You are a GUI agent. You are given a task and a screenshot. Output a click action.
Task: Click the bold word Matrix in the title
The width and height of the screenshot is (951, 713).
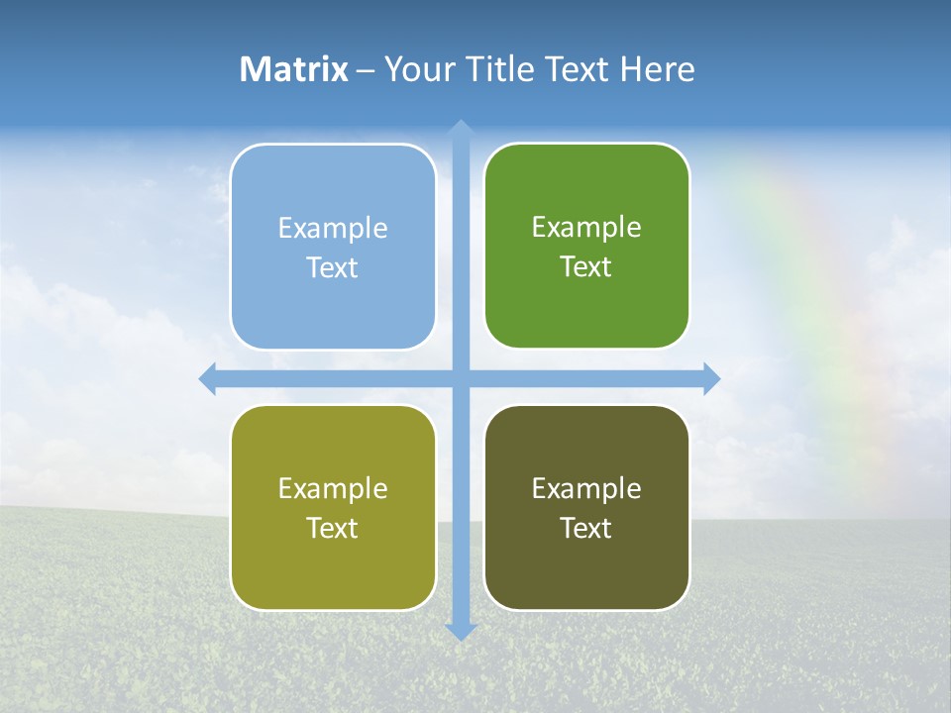[294, 69]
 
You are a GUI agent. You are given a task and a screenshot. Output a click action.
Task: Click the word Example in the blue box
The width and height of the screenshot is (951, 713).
[333, 228]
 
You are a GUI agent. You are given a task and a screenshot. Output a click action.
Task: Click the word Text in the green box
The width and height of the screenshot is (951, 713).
[586, 267]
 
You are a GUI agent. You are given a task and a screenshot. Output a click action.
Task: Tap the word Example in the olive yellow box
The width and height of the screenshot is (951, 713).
[333, 488]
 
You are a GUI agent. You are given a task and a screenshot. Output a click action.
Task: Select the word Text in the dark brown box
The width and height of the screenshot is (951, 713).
[586, 528]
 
